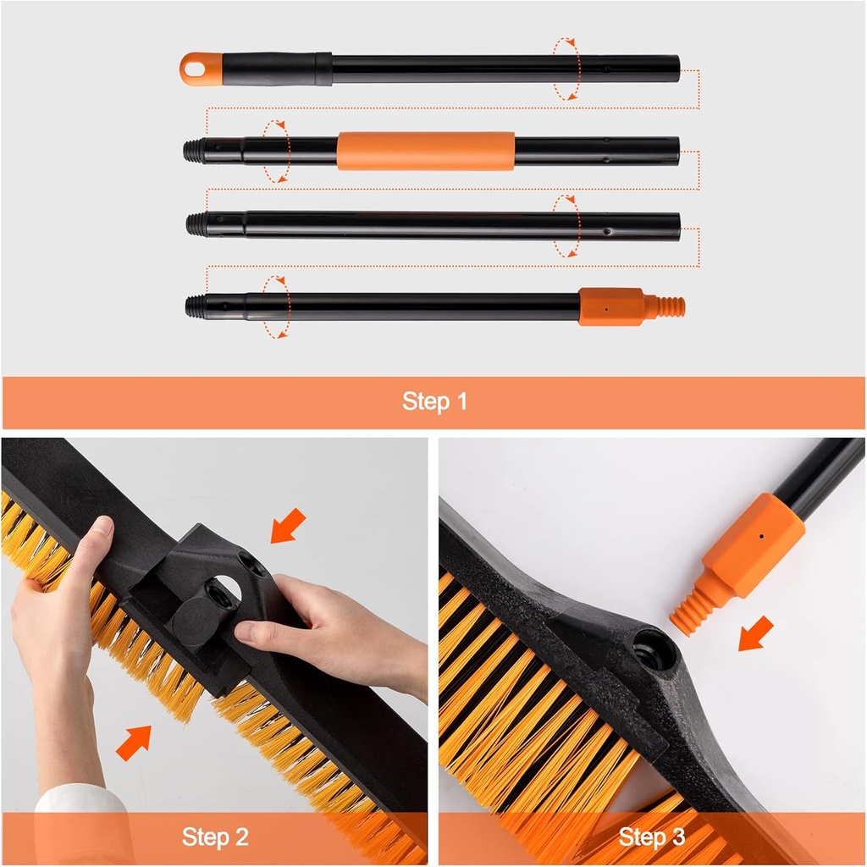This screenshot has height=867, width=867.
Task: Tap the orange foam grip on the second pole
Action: tap(425, 151)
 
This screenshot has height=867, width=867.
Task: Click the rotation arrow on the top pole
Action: tap(566, 69)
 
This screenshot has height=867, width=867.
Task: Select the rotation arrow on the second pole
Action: tap(276, 151)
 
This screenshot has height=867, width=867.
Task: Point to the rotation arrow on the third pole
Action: tap(566, 225)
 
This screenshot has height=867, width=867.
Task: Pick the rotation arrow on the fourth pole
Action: tap(276, 306)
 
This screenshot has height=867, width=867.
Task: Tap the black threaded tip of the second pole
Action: tap(196, 151)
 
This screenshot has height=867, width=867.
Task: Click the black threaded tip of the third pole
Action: tap(198, 224)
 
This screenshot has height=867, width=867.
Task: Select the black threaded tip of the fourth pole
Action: tap(198, 306)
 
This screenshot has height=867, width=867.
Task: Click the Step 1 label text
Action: tap(434, 401)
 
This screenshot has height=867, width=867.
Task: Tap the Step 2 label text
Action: tap(215, 837)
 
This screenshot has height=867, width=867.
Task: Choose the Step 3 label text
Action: tap(651, 837)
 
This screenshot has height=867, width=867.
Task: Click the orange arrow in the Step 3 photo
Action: tap(755, 634)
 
